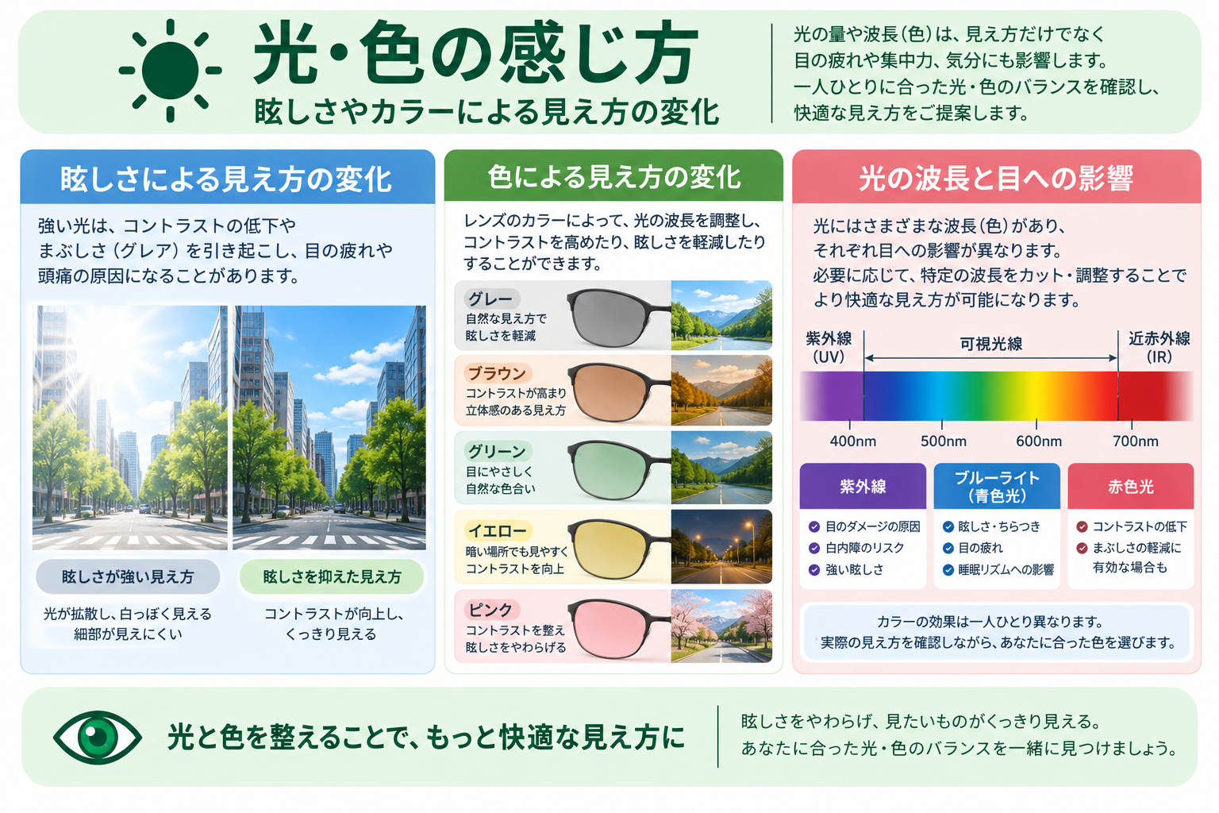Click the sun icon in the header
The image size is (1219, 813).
click(171, 70)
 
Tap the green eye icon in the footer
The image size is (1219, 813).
click(98, 738)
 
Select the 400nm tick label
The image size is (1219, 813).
click(853, 441)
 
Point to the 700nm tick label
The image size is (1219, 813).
click(1135, 441)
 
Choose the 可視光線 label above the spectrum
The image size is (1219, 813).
click(991, 344)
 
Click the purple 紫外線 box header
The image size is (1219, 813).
click(863, 486)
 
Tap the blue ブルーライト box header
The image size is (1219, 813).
click(997, 486)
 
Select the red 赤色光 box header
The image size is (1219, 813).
click(1131, 486)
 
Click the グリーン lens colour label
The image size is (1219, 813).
click(497, 452)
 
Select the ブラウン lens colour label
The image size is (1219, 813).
click(498, 374)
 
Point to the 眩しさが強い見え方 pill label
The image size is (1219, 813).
click(128, 576)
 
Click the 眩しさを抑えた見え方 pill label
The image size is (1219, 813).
click(332, 576)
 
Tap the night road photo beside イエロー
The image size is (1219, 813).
click(721, 547)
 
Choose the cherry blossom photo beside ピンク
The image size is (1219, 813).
click(721, 626)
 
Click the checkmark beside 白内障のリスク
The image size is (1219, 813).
click(814, 548)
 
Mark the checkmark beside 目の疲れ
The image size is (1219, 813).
click(948, 548)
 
